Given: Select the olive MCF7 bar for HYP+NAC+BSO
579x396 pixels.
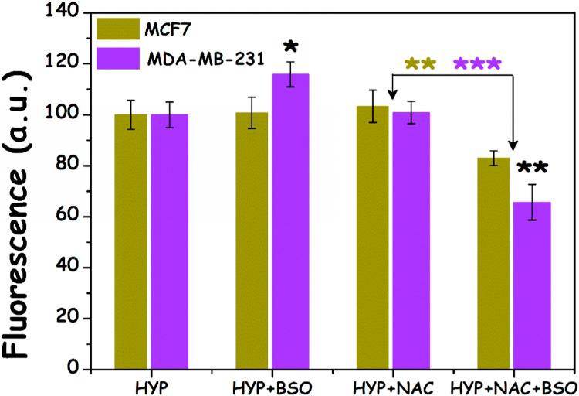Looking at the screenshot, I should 495,263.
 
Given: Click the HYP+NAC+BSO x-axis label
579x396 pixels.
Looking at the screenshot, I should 513,386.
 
